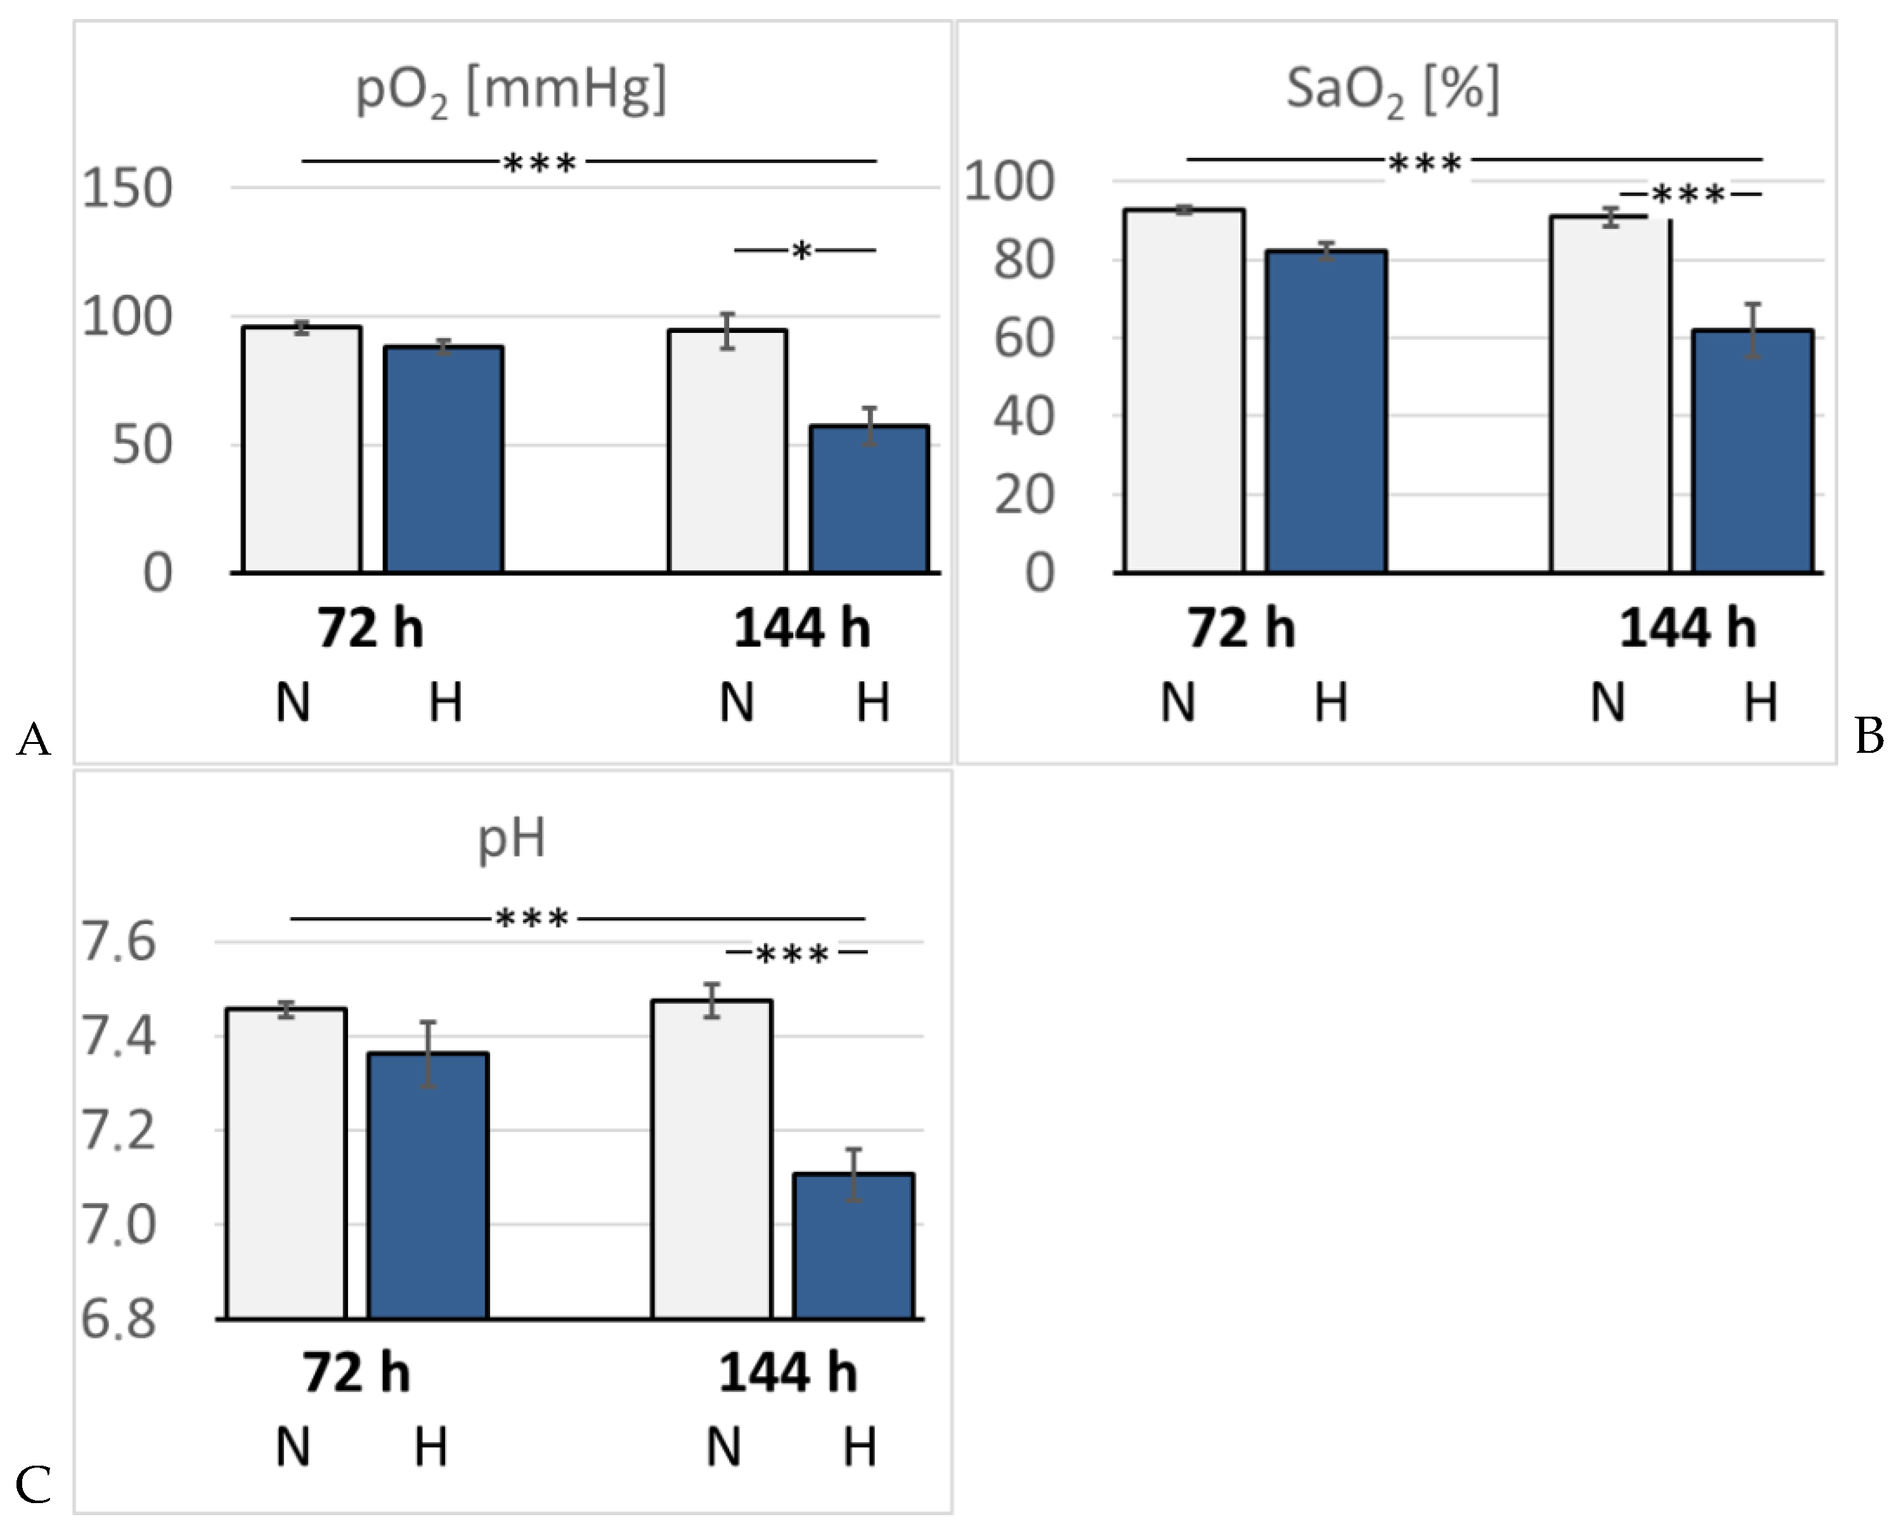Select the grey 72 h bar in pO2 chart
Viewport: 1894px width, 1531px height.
[x=302, y=450]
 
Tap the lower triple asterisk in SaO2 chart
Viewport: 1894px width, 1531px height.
[x=1688, y=195]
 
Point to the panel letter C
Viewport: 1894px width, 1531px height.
[x=34, y=1485]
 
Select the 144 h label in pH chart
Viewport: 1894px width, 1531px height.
[x=788, y=1373]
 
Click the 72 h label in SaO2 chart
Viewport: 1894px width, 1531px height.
[x=1242, y=629]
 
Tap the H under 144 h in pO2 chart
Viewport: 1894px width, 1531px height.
[x=873, y=703]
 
